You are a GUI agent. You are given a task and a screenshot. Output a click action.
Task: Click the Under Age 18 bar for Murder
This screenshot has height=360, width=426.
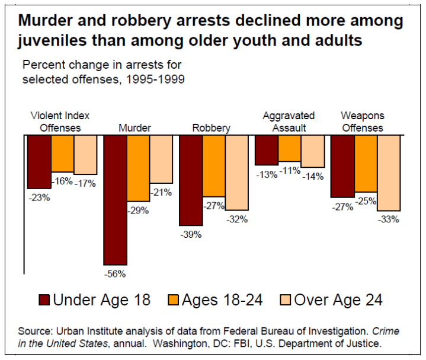pos(116,200)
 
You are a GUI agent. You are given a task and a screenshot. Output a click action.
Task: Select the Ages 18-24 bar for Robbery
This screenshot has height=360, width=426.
pos(214,166)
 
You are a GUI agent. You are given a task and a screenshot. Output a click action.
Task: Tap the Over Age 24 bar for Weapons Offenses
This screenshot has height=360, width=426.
pos(389,173)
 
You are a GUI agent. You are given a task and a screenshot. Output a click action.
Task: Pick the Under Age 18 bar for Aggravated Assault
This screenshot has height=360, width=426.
pos(267,150)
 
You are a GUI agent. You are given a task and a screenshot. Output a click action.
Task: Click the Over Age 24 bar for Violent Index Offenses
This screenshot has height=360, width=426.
pos(85,155)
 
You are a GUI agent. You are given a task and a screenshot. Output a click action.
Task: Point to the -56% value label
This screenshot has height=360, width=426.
pos(116,274)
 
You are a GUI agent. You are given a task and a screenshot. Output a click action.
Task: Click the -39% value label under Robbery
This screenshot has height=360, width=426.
pos(191,234)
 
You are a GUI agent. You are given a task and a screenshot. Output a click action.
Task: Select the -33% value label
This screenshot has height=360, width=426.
pos(389,219)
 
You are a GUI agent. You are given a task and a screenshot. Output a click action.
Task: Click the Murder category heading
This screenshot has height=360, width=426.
pos(134,128)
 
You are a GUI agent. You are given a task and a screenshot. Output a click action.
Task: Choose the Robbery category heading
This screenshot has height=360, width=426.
pos(212,128)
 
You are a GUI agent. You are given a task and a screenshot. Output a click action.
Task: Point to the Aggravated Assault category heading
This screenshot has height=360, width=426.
pos(289,122)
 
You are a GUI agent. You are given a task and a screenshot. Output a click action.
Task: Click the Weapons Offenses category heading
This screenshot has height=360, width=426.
pos(362,122)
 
